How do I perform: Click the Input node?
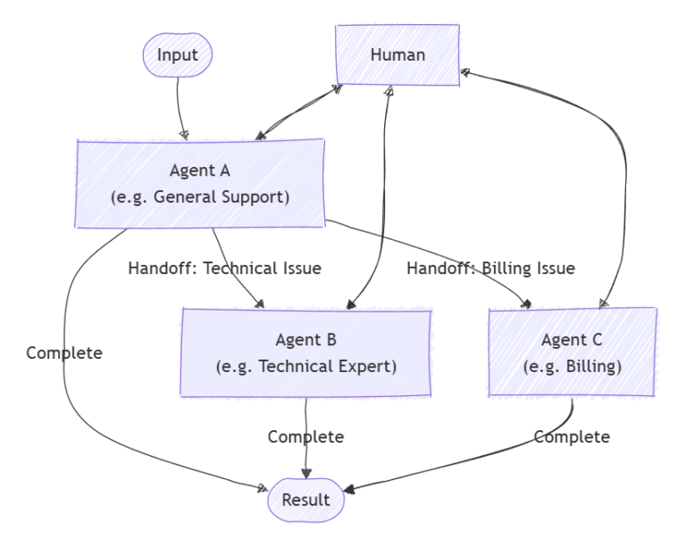click(177, 55)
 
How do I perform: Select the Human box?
click(397, 55)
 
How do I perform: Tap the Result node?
click(305, 500)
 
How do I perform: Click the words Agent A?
click(199, 170)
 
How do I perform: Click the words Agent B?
click(306, 339)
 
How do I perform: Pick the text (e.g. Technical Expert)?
click(306, 367)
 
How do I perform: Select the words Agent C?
click(572, 339)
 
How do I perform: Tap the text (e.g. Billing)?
click(572, 367)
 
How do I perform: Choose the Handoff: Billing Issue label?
click(490, 267)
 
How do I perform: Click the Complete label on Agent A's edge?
click(64, 352)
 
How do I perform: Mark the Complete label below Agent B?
click(305, 437)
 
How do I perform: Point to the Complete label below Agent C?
click(572, 437)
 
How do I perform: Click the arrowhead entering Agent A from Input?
click(184, 134)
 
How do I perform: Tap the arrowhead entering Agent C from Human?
click(605, 303)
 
